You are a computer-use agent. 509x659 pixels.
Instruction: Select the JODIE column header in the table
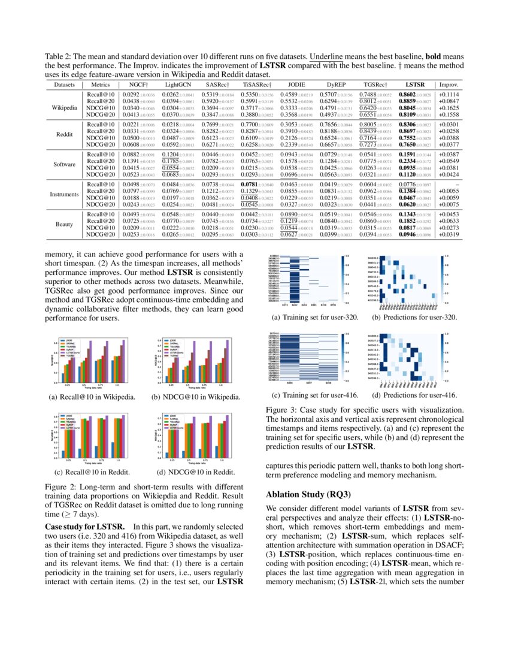[296, 86]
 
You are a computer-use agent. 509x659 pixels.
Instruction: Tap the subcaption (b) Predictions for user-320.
[414, 318]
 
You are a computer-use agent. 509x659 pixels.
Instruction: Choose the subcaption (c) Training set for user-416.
[309, 395]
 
